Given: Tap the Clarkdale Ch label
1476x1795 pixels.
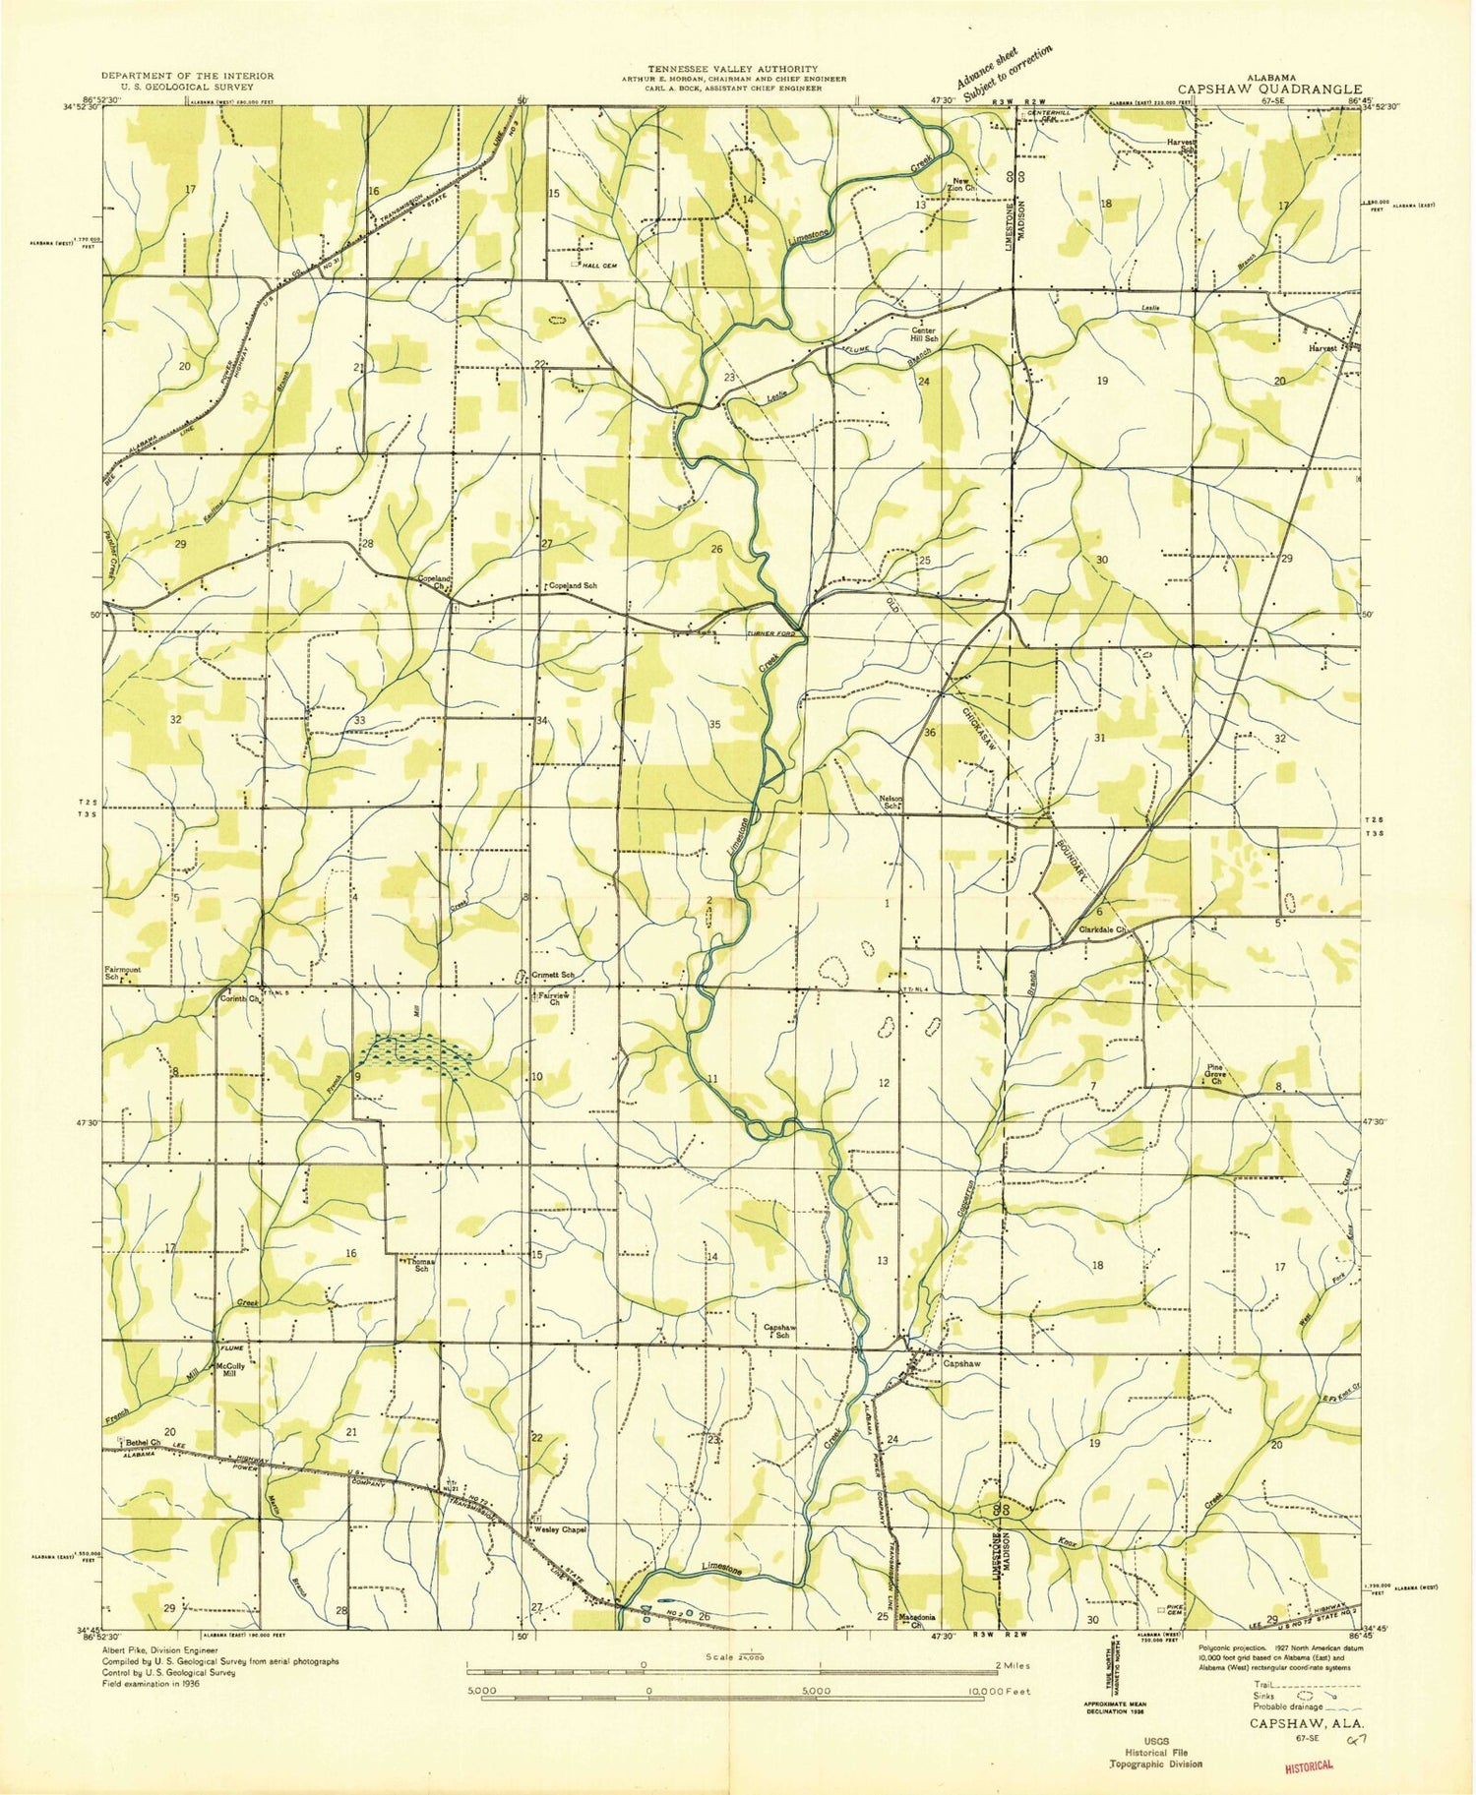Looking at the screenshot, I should (x=1100, y=928).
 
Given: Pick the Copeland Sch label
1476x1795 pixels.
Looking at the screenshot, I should (x=573, y=585).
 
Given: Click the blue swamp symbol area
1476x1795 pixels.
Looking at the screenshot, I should (x=417, y=1053).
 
